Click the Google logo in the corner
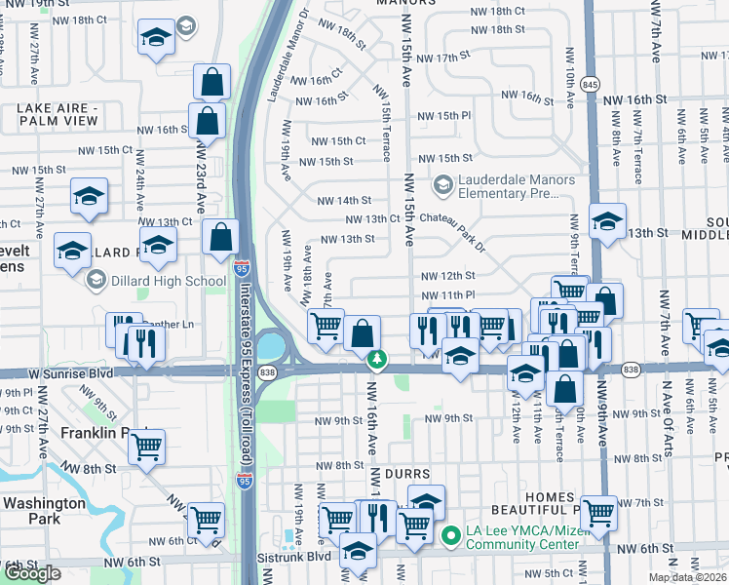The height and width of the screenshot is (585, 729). tap(32, 573)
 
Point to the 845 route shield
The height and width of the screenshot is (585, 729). tap(591, 81)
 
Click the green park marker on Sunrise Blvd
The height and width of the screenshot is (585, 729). tap(377, 361)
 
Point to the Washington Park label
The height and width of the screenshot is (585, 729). tap(45, 511)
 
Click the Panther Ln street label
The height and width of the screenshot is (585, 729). tap(172, 324)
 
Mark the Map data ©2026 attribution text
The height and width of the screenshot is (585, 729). tap(688, 577)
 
